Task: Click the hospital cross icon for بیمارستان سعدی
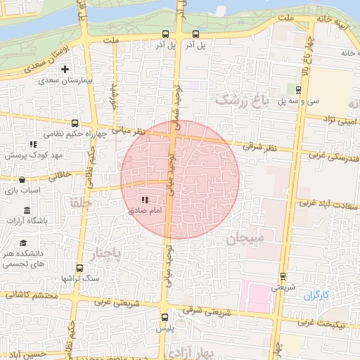point(65,69)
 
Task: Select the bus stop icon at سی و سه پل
point(299,89)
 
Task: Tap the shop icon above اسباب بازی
point(22,179)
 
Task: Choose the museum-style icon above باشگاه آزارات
point(27,211)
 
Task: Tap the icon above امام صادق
point(146,200)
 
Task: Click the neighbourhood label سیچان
point(245,239)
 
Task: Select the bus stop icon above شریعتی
point(283,276)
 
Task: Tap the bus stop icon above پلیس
point(165,316)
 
